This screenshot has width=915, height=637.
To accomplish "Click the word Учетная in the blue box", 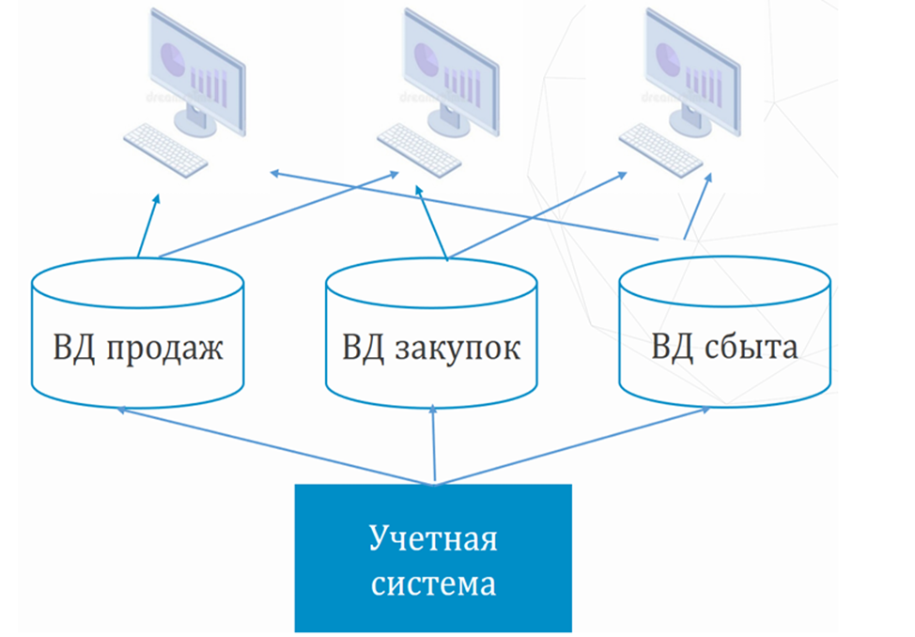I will [433, 540].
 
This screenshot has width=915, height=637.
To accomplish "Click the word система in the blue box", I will [433, 584].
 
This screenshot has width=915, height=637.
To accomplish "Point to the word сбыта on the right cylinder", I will [751, 348].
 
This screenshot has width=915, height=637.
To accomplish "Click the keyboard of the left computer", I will [165, 149].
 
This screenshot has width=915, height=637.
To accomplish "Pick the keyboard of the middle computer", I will [419, 149].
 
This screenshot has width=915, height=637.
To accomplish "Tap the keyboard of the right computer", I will [660, 149].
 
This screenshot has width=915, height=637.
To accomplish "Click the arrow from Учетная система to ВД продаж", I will [272, 446].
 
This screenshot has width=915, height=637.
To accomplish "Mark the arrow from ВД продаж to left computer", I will [148, 225].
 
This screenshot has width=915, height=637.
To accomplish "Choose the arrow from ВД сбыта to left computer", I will [470, 207].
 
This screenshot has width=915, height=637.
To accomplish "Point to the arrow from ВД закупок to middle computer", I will [431, 225].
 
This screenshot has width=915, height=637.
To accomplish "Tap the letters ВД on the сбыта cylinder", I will [673, 348].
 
